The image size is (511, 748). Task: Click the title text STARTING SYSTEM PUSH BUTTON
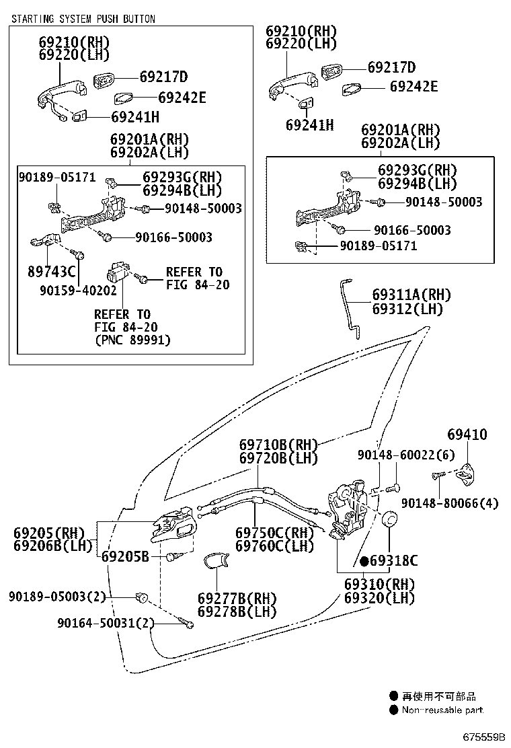(x=83, y=19)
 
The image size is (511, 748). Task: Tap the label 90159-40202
(x=78, y=291)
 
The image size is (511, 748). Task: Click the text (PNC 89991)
(x=132, y=340)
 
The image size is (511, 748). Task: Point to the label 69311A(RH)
(x=411, y=295)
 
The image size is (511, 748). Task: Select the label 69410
(x=467, y=435)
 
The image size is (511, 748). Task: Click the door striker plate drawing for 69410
(x=463, y=476)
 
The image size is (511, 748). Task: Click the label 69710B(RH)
(x=278, y=445)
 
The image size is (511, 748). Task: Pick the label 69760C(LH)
(x=274, y=546)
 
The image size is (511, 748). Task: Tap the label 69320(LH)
(x=379, y=597)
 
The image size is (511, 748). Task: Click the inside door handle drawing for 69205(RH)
(x=173, y=525)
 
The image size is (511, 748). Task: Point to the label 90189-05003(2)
(x=58, y=597)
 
